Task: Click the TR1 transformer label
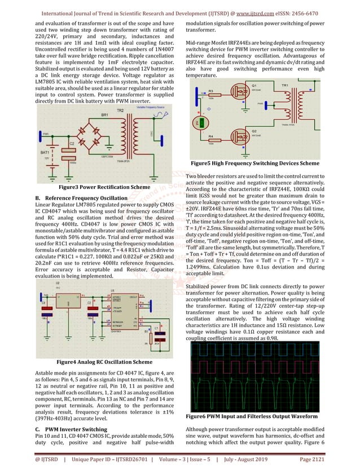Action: [x=285, y=85]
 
